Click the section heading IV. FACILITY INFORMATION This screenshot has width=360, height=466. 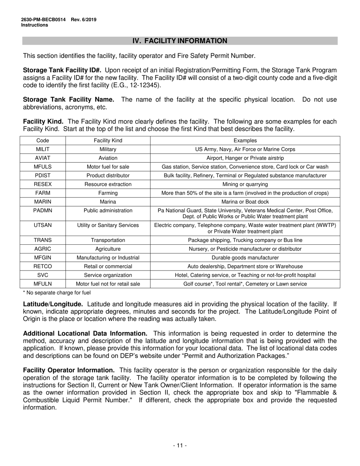(x=180, y=41)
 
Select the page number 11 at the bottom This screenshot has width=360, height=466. (x=180, y=446)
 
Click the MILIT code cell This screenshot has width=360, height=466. (x=43, y=149)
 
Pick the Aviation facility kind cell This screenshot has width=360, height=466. (x=108, y=158)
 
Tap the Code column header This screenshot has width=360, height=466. (x=43, y=141)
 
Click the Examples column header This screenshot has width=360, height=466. (x=245, y=141)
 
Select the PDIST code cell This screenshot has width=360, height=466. (x=43, y=175)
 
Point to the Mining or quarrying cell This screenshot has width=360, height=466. (x=245, y=184)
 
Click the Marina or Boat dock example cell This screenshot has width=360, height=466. (x=245, y=202)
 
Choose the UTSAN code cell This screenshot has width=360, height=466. (x=43, y=225)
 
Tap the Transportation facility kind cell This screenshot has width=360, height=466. (x=108, y=240)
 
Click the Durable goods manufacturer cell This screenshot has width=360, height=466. (x=245, y=258)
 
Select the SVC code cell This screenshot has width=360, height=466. (x=43, y=275)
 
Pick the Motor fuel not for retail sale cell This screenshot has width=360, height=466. (x=108, y=284)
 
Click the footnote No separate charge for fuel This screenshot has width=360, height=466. (x=57, y=292)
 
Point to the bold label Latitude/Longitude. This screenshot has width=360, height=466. (x=53, y=304)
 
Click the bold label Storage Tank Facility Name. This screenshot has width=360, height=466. (x=69, y=100)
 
